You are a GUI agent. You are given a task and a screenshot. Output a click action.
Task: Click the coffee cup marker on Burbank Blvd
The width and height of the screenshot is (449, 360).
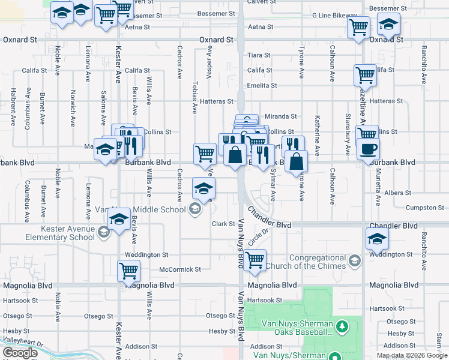pyautogui.click(x=368, y=148)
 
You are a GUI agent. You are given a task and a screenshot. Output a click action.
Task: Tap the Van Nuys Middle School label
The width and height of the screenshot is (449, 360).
pyautogui.click(x=143, y=209)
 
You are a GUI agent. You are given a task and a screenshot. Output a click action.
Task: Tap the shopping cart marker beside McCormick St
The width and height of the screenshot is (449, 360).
pyautogui.click(x=128, y=271)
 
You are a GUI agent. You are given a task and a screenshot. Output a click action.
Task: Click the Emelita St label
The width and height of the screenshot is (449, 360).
pyautogui.click(x=262, y=85)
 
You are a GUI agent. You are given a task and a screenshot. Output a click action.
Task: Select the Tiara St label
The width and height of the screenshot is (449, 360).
pyautogui.click(x=259, y=55)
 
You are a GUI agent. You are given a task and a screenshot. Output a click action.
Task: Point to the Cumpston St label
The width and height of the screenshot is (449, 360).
pyautogui.click(x=424, y=208)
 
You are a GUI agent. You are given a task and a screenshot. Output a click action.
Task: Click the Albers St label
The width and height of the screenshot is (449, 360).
pyautogui.click(x=398, y=193)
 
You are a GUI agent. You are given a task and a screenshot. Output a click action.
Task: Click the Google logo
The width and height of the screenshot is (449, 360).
pyautogui.click(x=20, y=352)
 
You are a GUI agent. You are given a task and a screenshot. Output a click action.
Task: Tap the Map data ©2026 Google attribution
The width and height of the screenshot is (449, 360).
pyautogui.click(x=412, y=355)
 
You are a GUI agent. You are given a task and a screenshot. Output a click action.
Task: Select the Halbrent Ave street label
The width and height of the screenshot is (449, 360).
pyautogui.click(x=13, y=107)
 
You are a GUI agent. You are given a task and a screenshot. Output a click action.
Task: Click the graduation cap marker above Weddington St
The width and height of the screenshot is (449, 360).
pyautogui.click(x=377, y=239)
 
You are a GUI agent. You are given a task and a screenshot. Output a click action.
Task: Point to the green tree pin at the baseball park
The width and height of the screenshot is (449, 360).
pyautogui.click(x=342, y=326)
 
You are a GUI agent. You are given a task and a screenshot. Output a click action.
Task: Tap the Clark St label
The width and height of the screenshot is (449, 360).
pyautogui.click(x=223, y=224)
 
